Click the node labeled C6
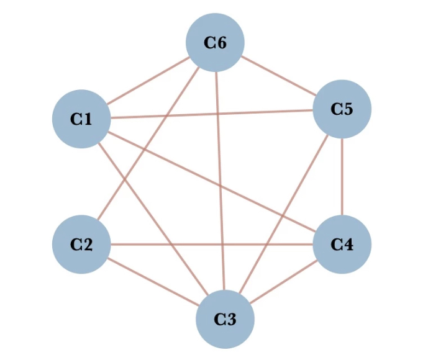tap(215, 43)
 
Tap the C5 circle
tap(342, 109)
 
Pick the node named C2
tap(81, 244)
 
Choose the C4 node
tap(342, 244)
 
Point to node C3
tap(225, 319)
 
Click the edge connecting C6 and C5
tap(278, 76)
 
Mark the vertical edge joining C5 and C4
tap(342, 177)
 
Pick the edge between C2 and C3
tap(153, 281)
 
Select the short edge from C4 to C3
tap(283, 281)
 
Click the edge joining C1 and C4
tap(186, 169)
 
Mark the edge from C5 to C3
tap(283, 214)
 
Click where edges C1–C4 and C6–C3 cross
tap(220, 186)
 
